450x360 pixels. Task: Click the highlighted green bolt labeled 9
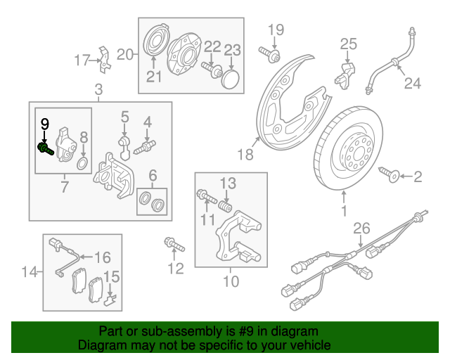pos(46,148)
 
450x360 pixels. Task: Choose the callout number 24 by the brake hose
pos(411,84)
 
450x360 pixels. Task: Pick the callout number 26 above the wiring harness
pos(361,228)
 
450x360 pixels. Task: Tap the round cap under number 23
pos(231,78)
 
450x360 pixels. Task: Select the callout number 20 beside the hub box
pos(125,54)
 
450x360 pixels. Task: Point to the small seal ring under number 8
pos(82,164)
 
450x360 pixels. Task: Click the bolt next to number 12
pos(174,245)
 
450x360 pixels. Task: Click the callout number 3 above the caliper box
pos(98,89)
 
